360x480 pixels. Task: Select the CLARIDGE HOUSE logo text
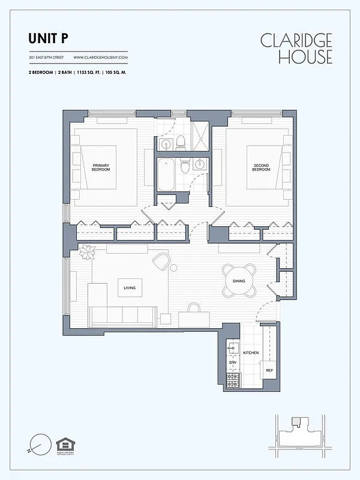(x=296, y=49)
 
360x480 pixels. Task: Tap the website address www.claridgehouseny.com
(x=100, y=58)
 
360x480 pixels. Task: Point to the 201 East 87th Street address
(x=46, y=58)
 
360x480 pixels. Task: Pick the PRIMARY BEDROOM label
(x=101, y=167)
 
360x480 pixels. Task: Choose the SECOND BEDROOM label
(x=261, y=167)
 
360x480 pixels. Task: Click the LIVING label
(x=130, y=288)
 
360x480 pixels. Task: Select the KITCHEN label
(x=251, y=353)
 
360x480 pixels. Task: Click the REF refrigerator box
(x=269, y=371)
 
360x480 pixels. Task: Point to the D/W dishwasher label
(x=232, y=363)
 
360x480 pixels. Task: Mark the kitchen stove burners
(x=232, y=379)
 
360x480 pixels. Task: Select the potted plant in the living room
(x=87, y=254)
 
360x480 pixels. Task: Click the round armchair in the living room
(x=161, y=261)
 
